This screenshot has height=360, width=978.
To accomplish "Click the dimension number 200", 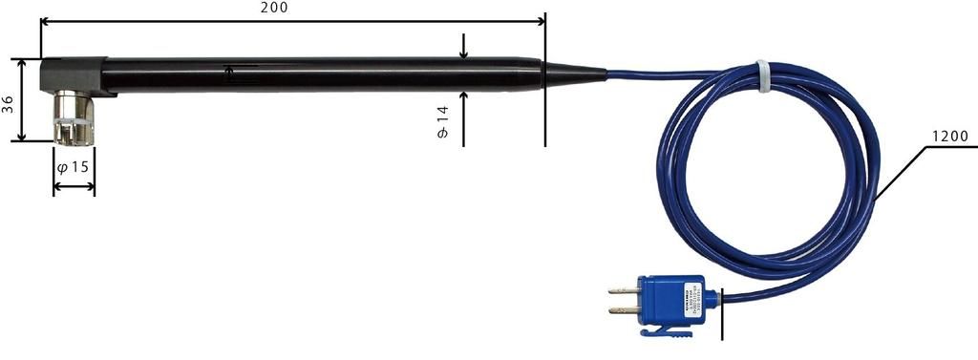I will [x=273, y=8].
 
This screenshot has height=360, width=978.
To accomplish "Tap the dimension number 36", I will [x=9, y=103].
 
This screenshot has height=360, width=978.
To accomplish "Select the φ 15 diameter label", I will [x=74, y=167].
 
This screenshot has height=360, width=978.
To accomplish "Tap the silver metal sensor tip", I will [x=73, y=118].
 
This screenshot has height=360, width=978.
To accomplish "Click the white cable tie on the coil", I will [x=763, y=71].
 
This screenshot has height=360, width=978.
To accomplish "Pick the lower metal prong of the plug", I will [x=623, y=311].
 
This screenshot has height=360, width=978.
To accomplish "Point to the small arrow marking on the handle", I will [x=229, y=69].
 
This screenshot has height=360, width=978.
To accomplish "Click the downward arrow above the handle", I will [x=463, y=46].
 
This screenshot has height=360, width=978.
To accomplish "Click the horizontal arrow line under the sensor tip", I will [x=74, y=186].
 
